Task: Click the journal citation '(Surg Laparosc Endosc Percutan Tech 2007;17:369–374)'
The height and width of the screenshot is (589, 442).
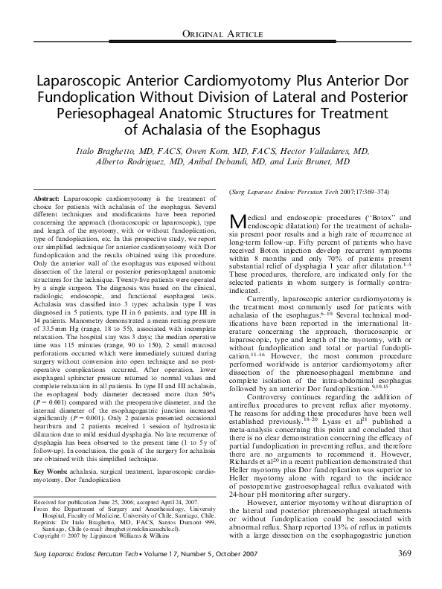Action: point(296,192)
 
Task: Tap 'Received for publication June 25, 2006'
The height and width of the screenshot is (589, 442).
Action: point(89,419)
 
